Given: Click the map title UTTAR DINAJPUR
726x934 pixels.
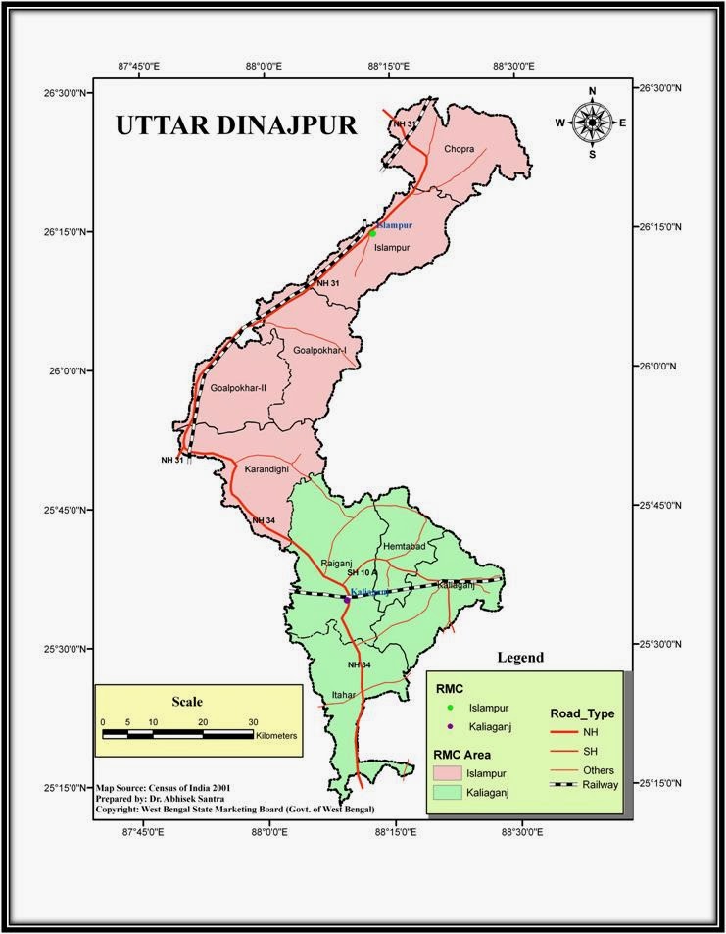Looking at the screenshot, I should coord(236,125).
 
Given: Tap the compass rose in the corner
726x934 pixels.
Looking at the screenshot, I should coord(592,122).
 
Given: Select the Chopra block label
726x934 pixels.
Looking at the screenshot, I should coord(459,150).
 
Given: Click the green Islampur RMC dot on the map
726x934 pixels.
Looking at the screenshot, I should coord(372,233).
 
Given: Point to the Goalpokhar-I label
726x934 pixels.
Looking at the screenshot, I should coord(319,350).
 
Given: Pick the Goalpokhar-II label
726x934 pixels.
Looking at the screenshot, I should coord(238,388).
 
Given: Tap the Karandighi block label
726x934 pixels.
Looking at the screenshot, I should coord(266,470).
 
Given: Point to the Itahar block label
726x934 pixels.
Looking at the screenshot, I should coord(343,695).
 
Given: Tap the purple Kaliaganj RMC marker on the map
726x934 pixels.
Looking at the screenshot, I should coord(346,598).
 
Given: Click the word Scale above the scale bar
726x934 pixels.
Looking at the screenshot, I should coord(187,702).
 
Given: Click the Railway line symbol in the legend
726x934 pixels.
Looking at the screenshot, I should coord(561,784).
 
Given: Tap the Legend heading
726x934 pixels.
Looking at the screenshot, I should coord(519,658).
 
